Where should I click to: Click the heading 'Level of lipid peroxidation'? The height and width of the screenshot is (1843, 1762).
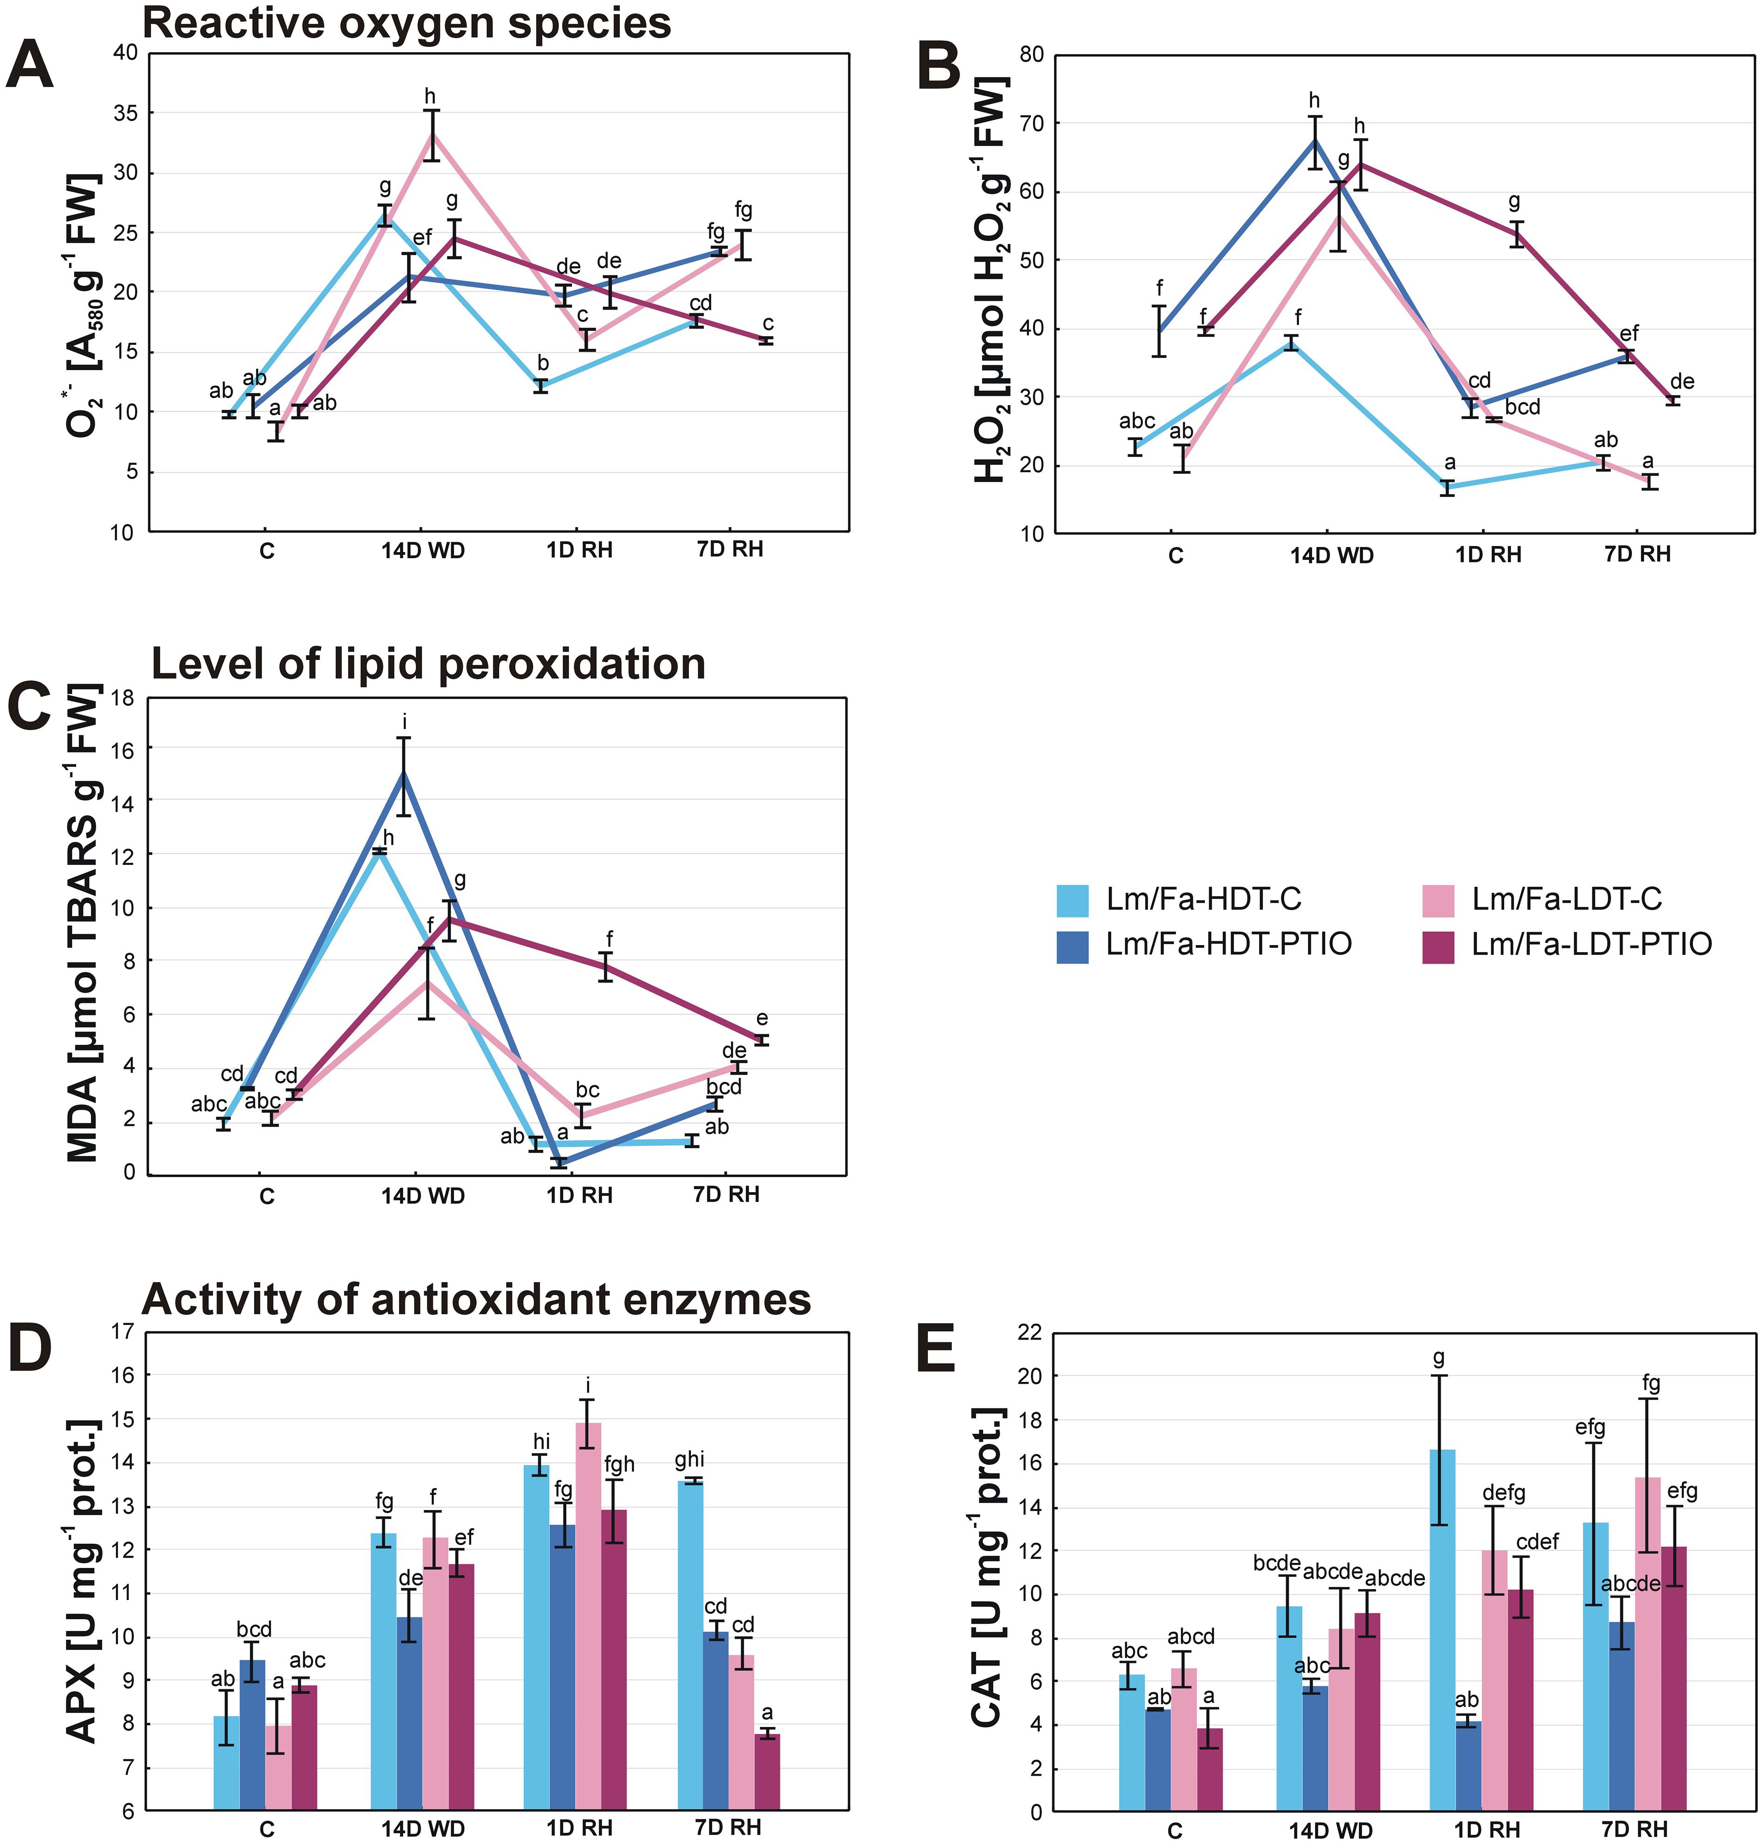tap(428, 664)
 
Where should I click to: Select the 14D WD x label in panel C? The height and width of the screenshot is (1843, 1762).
tap(423, 1196)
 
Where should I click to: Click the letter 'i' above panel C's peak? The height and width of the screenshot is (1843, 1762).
tap(405, 722)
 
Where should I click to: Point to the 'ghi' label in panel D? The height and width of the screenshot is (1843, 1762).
tap(689, 1459)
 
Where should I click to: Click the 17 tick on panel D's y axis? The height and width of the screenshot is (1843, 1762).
tap(123, 1331)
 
